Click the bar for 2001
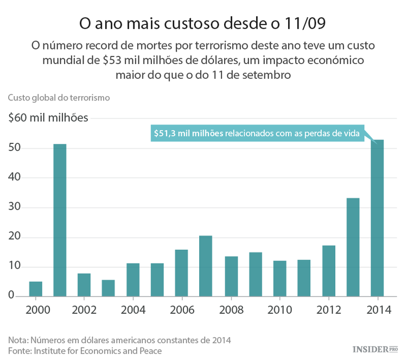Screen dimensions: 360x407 click(60, 220)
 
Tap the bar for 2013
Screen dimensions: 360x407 click(353, 247)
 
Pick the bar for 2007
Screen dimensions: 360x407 click(206, 266)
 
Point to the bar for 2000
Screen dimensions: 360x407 click(35, 289)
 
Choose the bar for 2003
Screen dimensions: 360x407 click(109, 288)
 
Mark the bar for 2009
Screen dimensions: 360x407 click(255, 274)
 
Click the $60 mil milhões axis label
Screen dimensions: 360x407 click(48, 118)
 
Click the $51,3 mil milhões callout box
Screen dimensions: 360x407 click(256, 133)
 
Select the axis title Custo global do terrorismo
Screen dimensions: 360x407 click(59, 98)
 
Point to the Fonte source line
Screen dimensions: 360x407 click(85, 351)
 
